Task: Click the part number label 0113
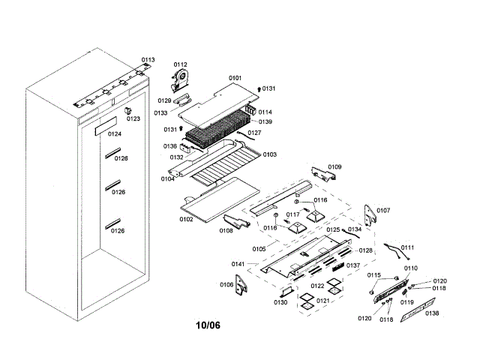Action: pos(148,60)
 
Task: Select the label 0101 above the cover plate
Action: pos(235,78)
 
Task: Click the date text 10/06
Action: pos(208,325)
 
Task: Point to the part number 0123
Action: pos(133,118)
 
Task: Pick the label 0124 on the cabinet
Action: pos(115,134)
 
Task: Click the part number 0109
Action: pos(334,166)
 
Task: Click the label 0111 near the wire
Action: pos(407,247)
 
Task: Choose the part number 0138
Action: pos(432,313)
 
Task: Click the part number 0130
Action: pos(280,302)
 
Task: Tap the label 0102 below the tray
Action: pos(186,219)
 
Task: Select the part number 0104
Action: pos(167,178)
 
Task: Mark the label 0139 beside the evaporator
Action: pos(265,121)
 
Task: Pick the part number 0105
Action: pos(259,248)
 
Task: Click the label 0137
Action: pos(353,265)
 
